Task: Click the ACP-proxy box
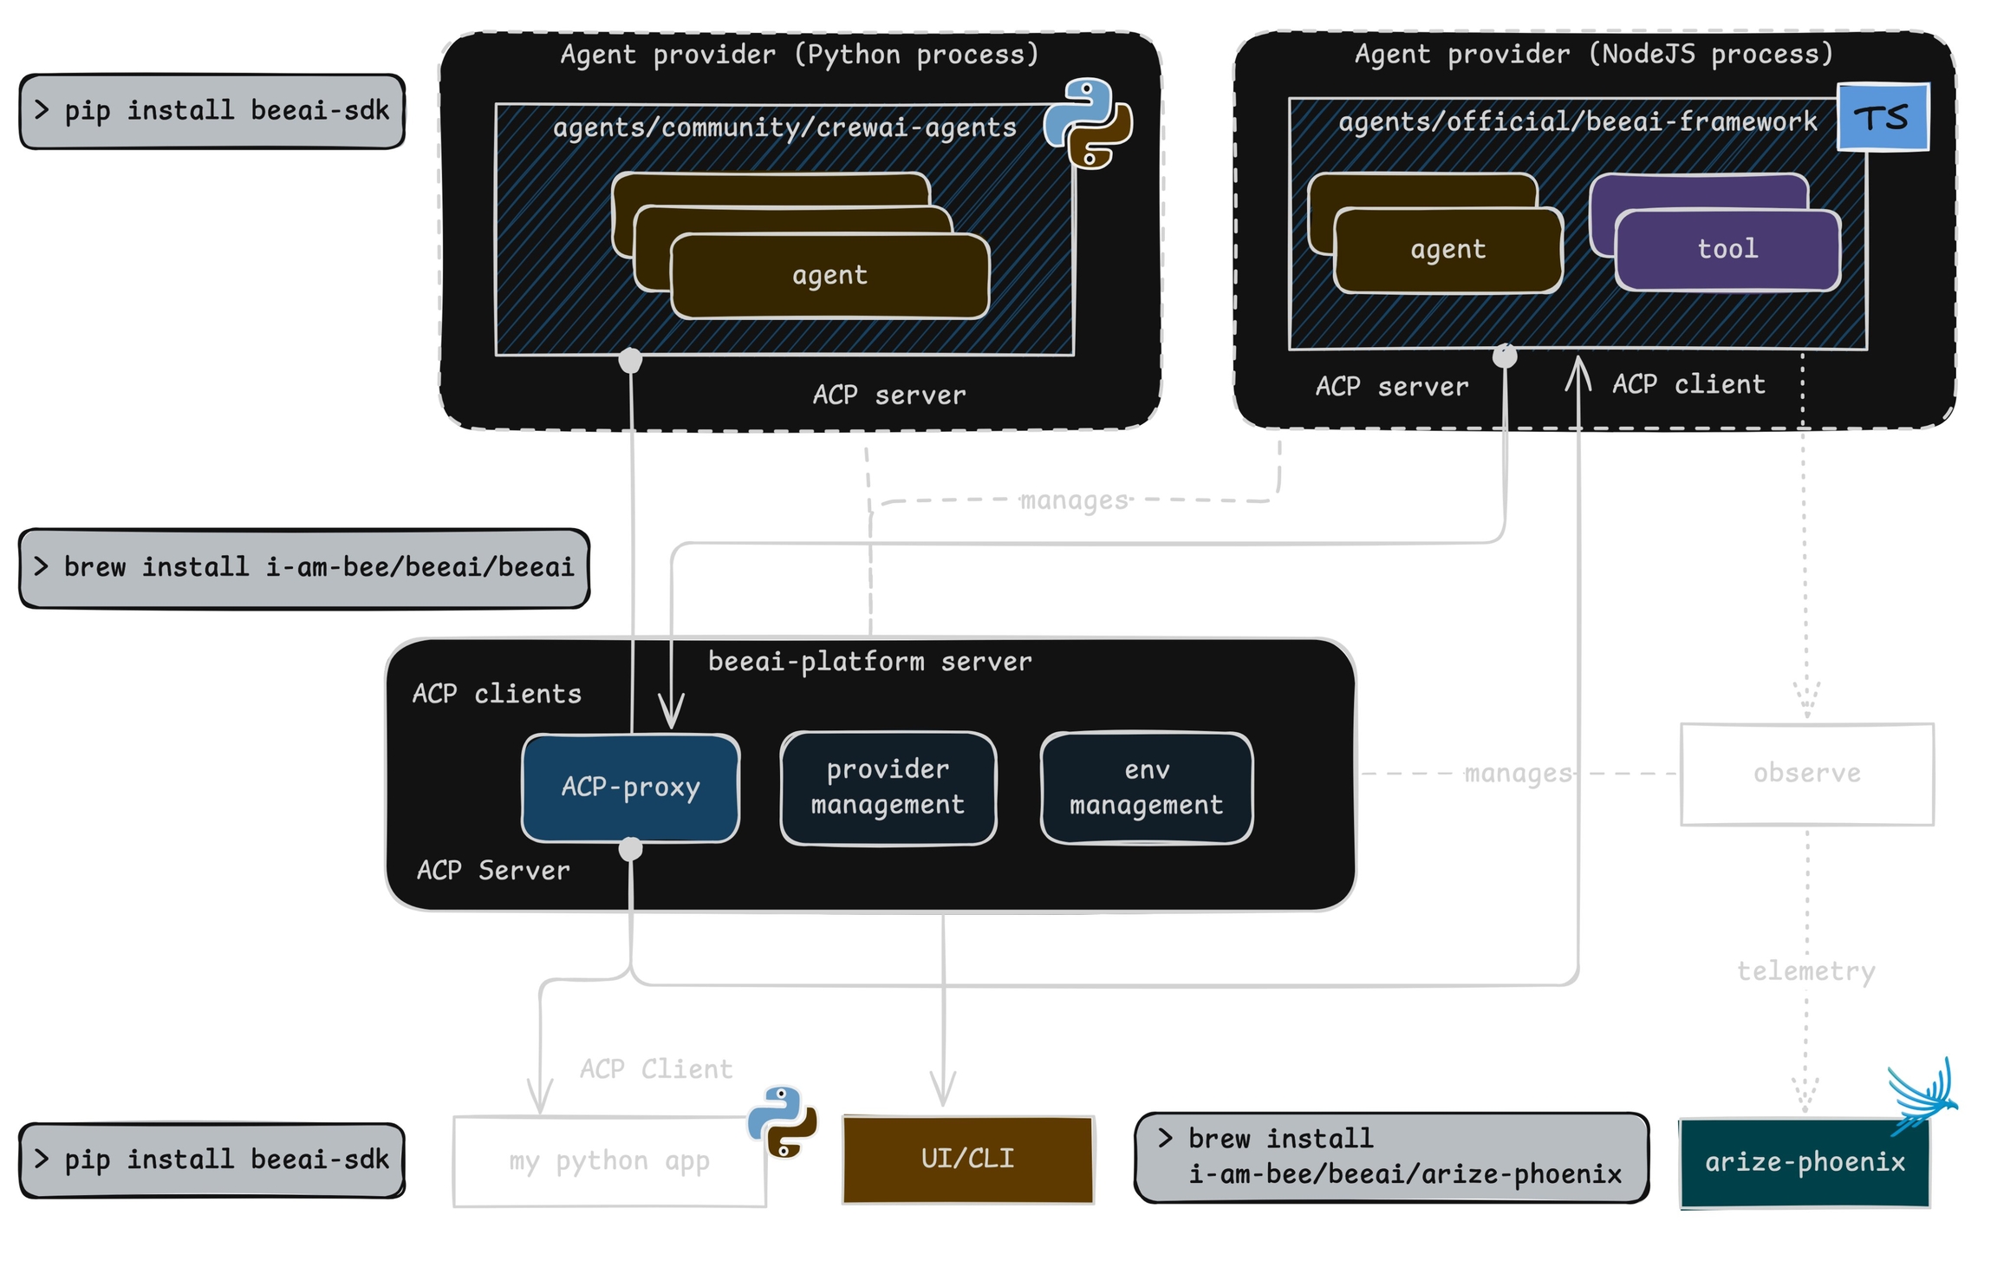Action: click(630, 787)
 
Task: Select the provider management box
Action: click(888, 787)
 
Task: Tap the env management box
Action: click(1146, 787)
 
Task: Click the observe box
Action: click(1806, 774)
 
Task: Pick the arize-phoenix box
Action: click(1805, 1162)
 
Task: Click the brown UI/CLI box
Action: click(967, 1159)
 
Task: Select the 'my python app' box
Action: click(608, 1161)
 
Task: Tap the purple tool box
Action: click(1727, 250)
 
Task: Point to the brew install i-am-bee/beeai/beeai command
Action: click(303, 568)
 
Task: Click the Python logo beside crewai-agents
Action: click(1089, 122)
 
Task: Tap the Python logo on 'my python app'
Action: click(783, 1121)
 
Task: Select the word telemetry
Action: click(1805, 971)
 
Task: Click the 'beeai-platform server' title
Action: click(869, 663)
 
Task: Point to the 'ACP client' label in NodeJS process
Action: click(1688, 385)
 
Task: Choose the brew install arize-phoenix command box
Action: click(1390, 1157)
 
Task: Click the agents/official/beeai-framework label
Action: click(1577, 122)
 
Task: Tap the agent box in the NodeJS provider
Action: click(1447, 250)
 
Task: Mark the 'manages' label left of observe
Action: click(1518, 774)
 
